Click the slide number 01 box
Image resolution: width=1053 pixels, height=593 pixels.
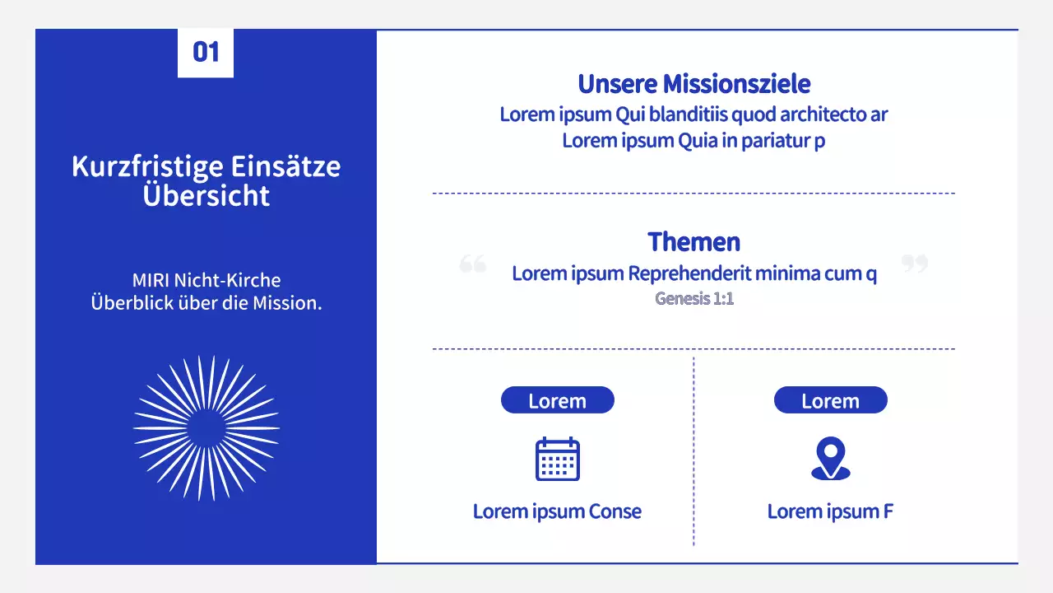click(x=206, y=53)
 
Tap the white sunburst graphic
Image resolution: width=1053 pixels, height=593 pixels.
click(x=206, y=428)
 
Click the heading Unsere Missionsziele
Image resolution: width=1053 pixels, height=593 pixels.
click(x=693, y=84)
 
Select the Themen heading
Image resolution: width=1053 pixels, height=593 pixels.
click(x=693, y=242)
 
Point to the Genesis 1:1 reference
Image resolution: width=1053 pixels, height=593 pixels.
click(x=693, y=298)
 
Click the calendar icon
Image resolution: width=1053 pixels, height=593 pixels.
click(x=558, y=459)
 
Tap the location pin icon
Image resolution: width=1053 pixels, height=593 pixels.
click(x=830, y=459)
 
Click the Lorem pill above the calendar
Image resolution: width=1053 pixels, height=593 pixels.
click(x=557, y=401)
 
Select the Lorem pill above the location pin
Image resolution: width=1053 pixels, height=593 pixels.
click(x=830, y=401)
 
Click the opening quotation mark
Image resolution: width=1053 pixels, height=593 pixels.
click(x=473, y=264)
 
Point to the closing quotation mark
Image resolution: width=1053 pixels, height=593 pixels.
click(x=914, y=264)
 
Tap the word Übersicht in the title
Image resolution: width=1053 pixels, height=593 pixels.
click(x=206, y=196)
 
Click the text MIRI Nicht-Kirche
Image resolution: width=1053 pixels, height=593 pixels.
click(x=206, y=280)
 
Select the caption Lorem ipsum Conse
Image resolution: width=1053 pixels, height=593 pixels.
click(x=557, y=511)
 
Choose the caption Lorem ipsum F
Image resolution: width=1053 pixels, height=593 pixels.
click(x=830, y=511)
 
